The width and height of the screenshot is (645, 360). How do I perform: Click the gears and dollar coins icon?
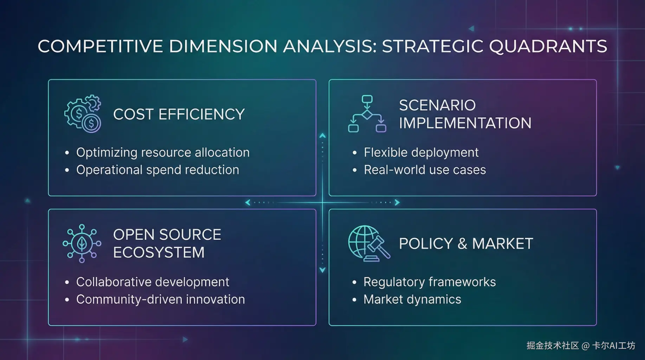pyautogui.click(x=83, y=114)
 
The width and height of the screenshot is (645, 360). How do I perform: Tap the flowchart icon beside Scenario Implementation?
pyautogui.click(x=367, y=114)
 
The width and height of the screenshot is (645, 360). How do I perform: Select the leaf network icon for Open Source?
pyautogui.click(x=82, y=243)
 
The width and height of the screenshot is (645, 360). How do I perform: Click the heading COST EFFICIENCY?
pyautogui.click(x=179, y=114)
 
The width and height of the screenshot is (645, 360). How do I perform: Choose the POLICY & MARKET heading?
pyautogui.click(x=466, y=244)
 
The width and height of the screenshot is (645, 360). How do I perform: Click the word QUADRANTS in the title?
pyautogui.click(x=548, y=46)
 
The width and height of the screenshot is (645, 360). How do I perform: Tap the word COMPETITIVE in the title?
pyautogui.click(x=100, y=46)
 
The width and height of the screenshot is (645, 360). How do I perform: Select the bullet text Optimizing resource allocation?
pyautogui.click(x=163, y=153)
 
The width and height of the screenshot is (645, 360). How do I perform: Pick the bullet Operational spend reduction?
pyautogui.click(x=157, y=170)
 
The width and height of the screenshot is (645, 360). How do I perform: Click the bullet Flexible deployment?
pyautogui.click(x=421, y=153)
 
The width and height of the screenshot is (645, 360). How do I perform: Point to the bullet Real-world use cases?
pyautogui.click(x=425, y=170)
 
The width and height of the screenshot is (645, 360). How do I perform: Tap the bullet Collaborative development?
pyautogui.click(x=153, y=282)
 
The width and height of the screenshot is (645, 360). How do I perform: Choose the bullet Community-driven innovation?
pyautogui.click(x=160, y=300)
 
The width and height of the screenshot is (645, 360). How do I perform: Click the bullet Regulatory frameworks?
pyautogui.click(x=430, y=282)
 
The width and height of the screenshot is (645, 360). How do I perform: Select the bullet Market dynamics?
pyautogui.click(x=412, y=300)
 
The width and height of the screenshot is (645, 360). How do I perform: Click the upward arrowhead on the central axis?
pyautogui.click(x=322, y=135)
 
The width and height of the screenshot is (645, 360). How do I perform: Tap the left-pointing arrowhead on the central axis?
pyautogui.click(x=248, y=202)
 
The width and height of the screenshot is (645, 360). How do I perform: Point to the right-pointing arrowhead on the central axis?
pyautogui.click(x=397, y=202)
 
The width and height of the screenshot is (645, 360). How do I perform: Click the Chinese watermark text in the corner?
pyautogui.click(x=581, y=346)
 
